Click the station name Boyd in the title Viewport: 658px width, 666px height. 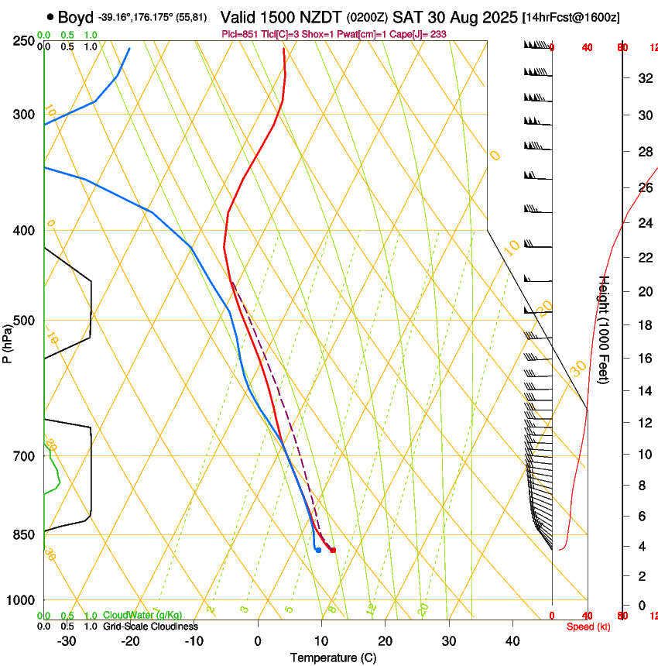coord(75,16)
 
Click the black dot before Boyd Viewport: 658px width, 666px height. coord(50,16)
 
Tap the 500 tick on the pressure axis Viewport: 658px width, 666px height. coord(23,321)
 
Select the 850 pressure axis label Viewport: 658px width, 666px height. coord(23,534)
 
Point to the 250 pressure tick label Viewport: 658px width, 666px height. coord(23,41)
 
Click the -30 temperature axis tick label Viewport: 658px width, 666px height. coord(67,641)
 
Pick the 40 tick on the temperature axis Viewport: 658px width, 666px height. coord(512,641)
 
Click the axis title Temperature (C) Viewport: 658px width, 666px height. coord(333,657)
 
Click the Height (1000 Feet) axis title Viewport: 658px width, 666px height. coord(605,329)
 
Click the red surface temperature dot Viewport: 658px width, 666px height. coord(333,550)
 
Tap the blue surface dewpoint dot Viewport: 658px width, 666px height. coord(318,550)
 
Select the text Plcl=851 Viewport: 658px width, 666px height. coord(240,34)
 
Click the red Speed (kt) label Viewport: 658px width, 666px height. coord(588,627)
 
